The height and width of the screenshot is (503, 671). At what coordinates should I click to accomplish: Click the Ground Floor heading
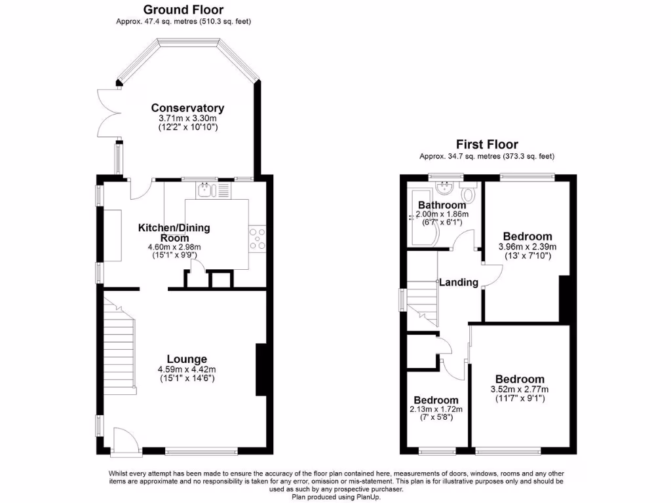(183, 10)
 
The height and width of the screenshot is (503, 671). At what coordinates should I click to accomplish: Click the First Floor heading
(487, 145)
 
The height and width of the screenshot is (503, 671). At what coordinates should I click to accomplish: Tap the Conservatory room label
(187, 108)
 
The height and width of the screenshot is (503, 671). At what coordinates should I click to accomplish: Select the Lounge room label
(187, 359)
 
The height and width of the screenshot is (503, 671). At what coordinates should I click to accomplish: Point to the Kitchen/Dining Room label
(174, 233)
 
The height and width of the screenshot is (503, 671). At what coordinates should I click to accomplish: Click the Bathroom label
(442, 205)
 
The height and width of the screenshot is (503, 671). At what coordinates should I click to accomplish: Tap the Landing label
(458, 282)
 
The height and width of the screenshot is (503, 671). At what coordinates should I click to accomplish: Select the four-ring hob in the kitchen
(257, 239)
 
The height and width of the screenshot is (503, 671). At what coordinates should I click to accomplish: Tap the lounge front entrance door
(124, 440)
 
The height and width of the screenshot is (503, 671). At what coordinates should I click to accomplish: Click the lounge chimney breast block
(261, 369)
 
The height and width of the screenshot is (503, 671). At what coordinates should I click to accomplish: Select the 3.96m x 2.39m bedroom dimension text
(527, 247)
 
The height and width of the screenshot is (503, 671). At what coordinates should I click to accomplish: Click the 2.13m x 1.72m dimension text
(436, 410)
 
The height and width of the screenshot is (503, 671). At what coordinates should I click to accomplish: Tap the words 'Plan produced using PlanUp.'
(335, 497)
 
